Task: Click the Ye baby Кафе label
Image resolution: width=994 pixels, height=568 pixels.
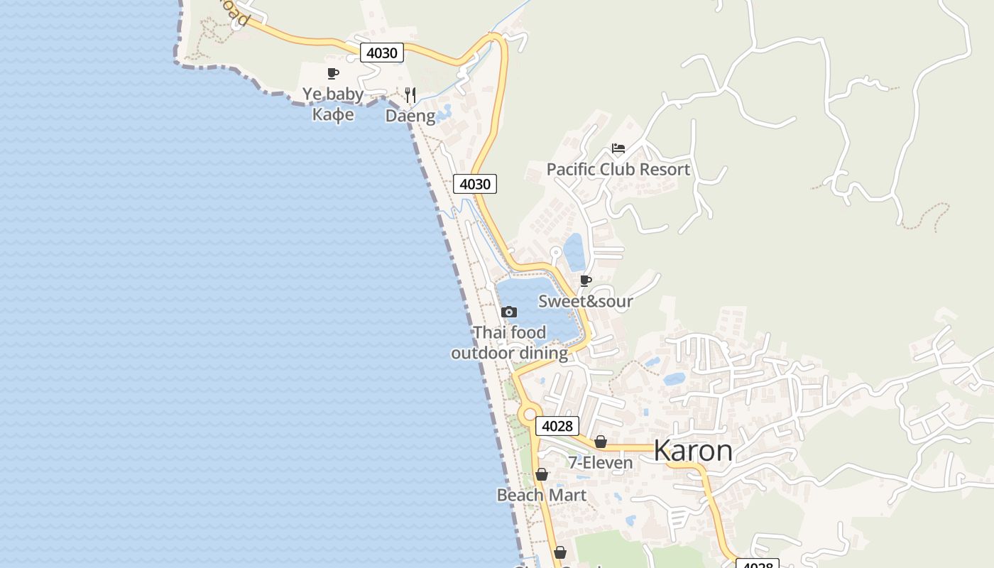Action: click(333, 104)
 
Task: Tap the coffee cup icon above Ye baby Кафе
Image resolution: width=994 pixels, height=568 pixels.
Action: click(332, 73)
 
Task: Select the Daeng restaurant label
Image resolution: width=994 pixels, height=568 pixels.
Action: click(410, 116)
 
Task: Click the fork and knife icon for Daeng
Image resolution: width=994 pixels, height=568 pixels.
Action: click(410, 94)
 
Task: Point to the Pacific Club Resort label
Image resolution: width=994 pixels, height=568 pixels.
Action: click(618, 170)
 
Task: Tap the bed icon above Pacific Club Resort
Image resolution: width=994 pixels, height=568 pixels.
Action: click(618, 148)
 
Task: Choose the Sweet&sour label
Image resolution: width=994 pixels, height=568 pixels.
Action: click(585, 301)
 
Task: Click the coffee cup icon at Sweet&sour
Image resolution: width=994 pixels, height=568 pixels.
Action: click(586, 281)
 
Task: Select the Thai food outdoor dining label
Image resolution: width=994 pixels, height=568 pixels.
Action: click(510, 342)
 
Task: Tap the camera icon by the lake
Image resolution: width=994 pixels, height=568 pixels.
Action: click(509, 312)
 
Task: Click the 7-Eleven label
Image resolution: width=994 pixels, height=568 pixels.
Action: click(600, 463)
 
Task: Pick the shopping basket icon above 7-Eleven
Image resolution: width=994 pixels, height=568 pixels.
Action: click(601, 442)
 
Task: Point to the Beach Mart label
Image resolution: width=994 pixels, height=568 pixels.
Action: click(542, 495)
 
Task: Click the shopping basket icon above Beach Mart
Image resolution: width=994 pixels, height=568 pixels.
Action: click(542, 474)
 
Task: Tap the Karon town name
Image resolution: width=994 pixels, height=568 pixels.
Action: click(692, 451)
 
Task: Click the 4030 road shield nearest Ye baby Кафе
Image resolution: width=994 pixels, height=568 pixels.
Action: click(381, 53)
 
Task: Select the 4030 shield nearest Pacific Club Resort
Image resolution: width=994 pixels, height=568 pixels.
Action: click(474, 184)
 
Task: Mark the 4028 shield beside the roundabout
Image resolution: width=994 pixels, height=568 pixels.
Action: click(557, 426)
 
